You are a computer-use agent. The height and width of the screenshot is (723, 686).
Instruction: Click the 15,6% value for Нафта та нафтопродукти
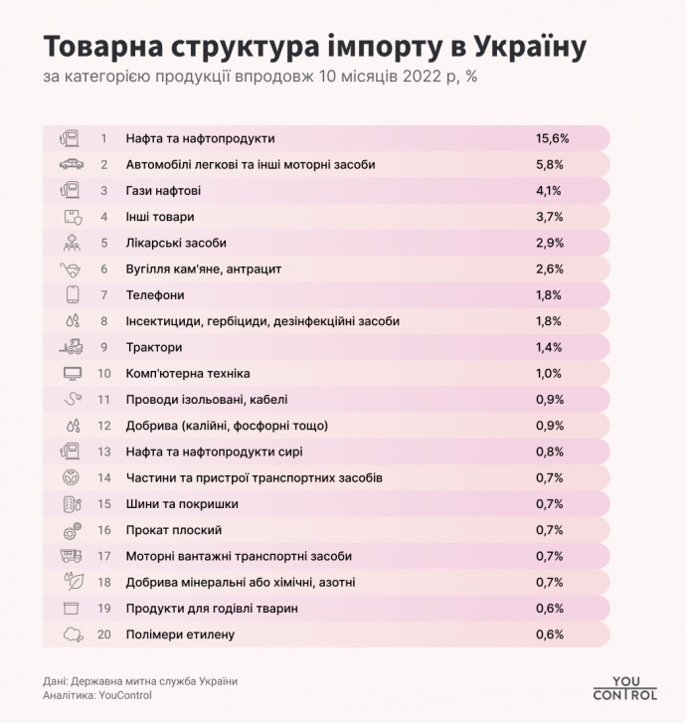[552, 138]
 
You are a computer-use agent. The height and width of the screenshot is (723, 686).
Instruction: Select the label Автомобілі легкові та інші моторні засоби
[250, 164]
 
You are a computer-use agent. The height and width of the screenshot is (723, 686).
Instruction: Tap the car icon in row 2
[71, 164]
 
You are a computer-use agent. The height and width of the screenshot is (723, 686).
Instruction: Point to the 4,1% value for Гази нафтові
[549, 190]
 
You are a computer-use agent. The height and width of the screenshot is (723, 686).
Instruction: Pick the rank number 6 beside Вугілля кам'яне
[103, 269]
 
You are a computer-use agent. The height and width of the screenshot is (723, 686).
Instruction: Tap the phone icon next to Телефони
[71, 294]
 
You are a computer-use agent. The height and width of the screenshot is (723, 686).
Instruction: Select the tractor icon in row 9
[71, 347]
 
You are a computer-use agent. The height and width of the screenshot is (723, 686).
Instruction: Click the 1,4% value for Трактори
[549, 347]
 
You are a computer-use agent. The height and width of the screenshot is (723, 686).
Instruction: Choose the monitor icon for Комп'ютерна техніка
[71, 374]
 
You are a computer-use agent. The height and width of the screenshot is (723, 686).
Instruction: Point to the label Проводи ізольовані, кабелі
[207, 400]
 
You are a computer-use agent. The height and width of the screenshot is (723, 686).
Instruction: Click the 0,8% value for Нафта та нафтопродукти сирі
[549, 452]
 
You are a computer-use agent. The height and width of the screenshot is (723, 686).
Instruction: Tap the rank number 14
[103, 478]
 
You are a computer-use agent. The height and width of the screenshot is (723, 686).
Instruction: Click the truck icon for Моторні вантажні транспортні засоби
[71, 556]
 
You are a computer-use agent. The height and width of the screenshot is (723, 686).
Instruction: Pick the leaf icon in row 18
[71, 582]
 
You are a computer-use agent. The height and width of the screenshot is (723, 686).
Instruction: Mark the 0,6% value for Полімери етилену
[549, 634]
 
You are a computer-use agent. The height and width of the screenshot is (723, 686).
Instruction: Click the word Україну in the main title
[528, 46]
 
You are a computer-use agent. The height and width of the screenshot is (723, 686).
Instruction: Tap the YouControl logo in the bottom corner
[623, 686]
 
